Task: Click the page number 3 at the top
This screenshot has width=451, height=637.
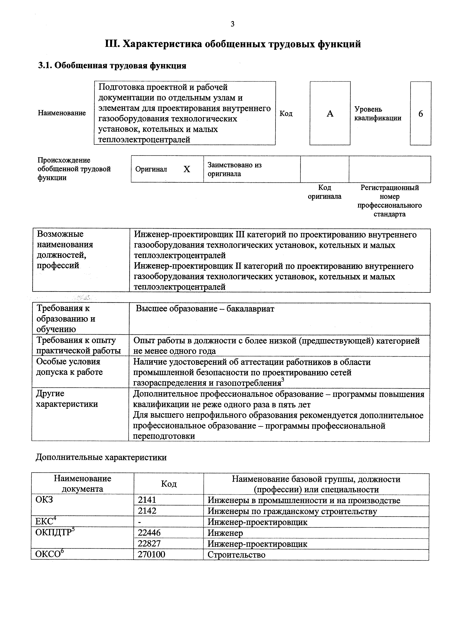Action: pos(232,24)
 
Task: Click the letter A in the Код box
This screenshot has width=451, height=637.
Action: pos(330,113)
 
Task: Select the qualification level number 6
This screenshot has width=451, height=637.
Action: pos(420,114)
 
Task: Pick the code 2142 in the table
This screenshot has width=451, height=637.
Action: pos(147,511)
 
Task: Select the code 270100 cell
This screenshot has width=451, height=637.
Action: pos(152,554)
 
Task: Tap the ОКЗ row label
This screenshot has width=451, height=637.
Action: pos(44,500)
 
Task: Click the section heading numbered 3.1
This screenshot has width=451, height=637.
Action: pos(112,66)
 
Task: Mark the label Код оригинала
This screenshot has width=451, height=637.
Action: pos(324,192)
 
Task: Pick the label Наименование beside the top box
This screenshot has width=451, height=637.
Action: pos(62,113)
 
